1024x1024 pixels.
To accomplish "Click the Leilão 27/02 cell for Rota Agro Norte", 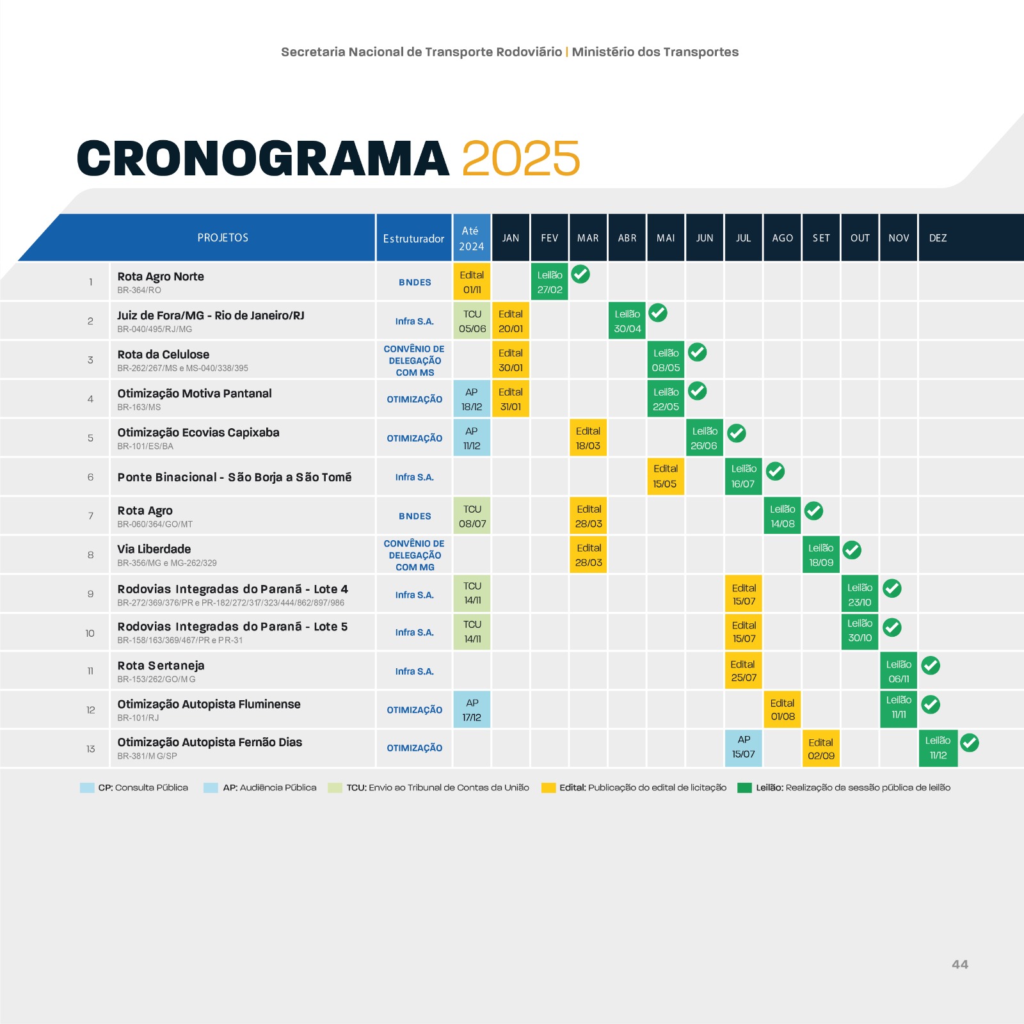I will tap(549, 282).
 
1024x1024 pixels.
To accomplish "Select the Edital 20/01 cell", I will tap(511, 321).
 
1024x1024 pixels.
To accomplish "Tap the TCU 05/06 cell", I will tap(472, 321).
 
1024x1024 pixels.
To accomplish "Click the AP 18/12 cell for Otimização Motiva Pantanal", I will tap(472, 399).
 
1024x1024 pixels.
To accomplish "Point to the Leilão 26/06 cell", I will tap(704, 438).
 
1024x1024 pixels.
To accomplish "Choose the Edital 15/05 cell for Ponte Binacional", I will tap(665, 476).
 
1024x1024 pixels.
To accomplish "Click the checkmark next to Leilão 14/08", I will tap(813, 511).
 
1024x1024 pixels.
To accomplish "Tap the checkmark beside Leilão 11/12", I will tap(970, 742).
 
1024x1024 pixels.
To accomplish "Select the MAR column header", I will tap(588, 238).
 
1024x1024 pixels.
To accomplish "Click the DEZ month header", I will tap(938, 238).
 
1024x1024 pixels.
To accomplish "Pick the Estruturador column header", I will tap(413, 238).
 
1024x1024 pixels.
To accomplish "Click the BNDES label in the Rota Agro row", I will tap(415, 516).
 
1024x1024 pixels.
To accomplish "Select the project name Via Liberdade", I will tap(154, 549).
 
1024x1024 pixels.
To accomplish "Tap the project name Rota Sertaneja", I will tap(161, 666).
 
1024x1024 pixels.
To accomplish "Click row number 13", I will tap(90, 749).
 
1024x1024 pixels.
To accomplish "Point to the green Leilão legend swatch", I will tap(744, 788).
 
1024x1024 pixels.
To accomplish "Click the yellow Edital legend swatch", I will tap(548, 788).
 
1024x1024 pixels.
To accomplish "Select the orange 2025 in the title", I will tap(520, 158).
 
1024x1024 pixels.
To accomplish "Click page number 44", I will tap(959, 964).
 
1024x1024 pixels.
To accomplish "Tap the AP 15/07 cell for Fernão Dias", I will tap(744, 747).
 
